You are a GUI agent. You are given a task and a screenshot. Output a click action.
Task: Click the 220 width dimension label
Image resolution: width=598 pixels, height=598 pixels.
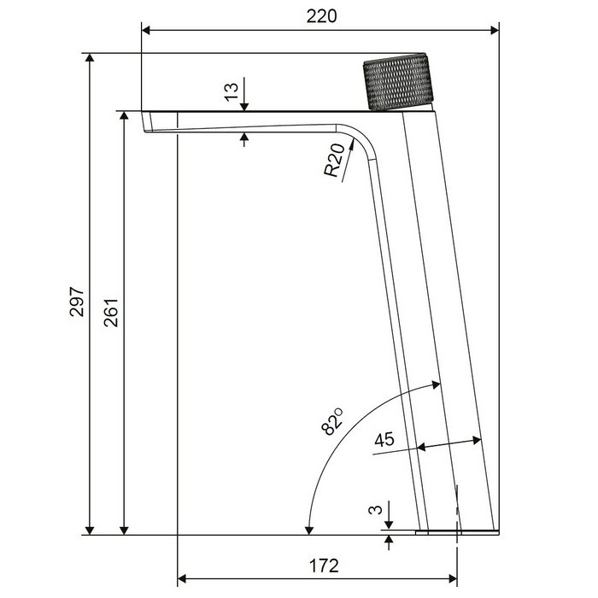[321, 16]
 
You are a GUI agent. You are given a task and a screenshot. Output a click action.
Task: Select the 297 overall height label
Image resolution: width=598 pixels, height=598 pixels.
[77, 302]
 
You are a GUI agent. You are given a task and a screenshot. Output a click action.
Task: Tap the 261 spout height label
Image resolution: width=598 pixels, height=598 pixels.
[111, 312]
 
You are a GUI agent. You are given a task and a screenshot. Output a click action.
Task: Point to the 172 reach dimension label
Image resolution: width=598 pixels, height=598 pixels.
[324, 566]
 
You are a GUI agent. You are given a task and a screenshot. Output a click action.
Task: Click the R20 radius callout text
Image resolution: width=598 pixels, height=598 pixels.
[335, 161]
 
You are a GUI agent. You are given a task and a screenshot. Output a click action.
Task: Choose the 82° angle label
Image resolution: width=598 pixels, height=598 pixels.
[332, 421]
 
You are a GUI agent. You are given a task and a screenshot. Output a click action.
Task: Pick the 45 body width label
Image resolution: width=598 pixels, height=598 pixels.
[384, 439]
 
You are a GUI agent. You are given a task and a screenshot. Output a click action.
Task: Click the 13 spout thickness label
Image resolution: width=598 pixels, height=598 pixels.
[232, 92]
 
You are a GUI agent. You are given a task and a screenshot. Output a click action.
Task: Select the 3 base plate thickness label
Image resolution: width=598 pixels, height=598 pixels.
[375, 509]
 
